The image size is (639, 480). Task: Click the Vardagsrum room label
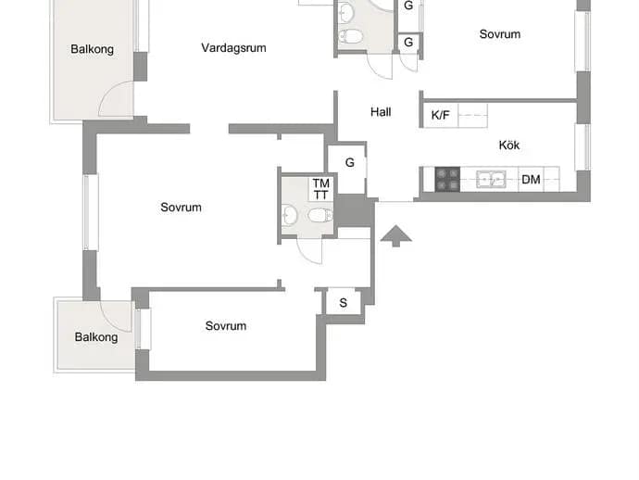click(x=233, y=48)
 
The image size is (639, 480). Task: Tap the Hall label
click(x=381, y=112)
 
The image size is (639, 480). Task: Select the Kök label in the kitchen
click(x=509, y=145)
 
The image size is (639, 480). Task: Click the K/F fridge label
click(x=440, y=116)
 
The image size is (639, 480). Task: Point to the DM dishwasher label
click(x=531, y=180)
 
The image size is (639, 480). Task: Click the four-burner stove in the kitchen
click(x=447, y=180)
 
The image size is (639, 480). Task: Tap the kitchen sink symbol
click(x=491, y=180)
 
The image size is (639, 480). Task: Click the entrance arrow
click(x=395, y=235)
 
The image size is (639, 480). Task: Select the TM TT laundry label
click(x=321, y=189)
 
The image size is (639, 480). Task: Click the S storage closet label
click(x=344, y=303)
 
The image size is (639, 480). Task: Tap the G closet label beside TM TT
click(x=350, y=163)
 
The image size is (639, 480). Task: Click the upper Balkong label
click(x=92, y=49)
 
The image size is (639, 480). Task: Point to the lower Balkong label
click(x=96, y=337)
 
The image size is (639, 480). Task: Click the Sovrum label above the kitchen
click(x=500, y=34)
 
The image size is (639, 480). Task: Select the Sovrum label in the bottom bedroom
click(x=226, y=326)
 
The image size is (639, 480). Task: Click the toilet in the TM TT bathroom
click(x=320, y=215)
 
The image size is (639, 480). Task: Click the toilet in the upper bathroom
click(x=350, y=37)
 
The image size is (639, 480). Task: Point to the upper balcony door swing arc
click(x=106, y=91)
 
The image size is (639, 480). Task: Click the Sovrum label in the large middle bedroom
click(x=181, y=208)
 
